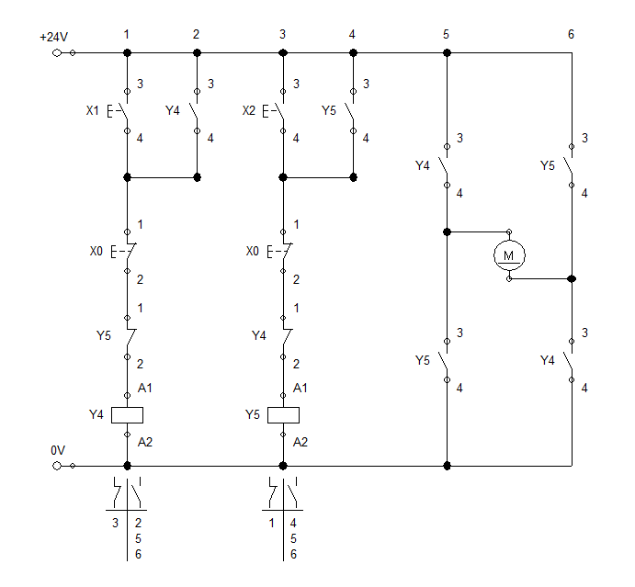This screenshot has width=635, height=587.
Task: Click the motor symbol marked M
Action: (x=509, y=253)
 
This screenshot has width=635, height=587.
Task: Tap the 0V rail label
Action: (x=58, y=450)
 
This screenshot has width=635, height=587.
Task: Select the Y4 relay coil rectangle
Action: (x=127, y=414)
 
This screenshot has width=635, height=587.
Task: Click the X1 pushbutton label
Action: (x=92, y=111)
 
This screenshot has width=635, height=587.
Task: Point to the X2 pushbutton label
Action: (x=249, y=111)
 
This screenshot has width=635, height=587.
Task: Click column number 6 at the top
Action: (x=571, y=34)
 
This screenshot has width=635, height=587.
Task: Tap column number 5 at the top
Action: (x=446, y=34)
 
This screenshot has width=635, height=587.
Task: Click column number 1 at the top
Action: (x=127, y=34)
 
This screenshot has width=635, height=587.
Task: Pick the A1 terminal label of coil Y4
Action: (x=144, y=389)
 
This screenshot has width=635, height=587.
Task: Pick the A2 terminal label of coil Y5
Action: (x=300, y=441)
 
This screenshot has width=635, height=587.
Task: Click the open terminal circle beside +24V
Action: (x=60, y=52)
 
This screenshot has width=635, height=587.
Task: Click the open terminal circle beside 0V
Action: (x=60, y=466)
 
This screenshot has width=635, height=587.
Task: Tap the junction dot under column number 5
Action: (x=447, y=52)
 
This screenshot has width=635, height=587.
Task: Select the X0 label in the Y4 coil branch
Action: (x=96, y=251)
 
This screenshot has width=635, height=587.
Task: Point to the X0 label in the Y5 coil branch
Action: (x=254, y=251)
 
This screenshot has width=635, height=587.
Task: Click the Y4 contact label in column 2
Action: (x=173, y=111)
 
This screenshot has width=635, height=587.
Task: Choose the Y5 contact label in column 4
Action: (x=330, y=111)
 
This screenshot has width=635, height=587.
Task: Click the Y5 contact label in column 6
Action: (x=548, y=166)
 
